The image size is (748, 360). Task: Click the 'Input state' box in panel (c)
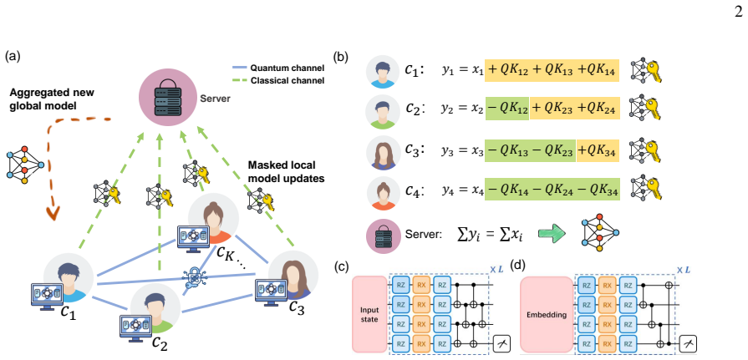tap(369, 315)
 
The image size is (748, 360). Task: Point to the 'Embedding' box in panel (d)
tap(547, 315)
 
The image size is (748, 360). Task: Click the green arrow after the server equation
tap(552, 233)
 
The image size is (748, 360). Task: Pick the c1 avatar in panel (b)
tap(382, 72)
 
